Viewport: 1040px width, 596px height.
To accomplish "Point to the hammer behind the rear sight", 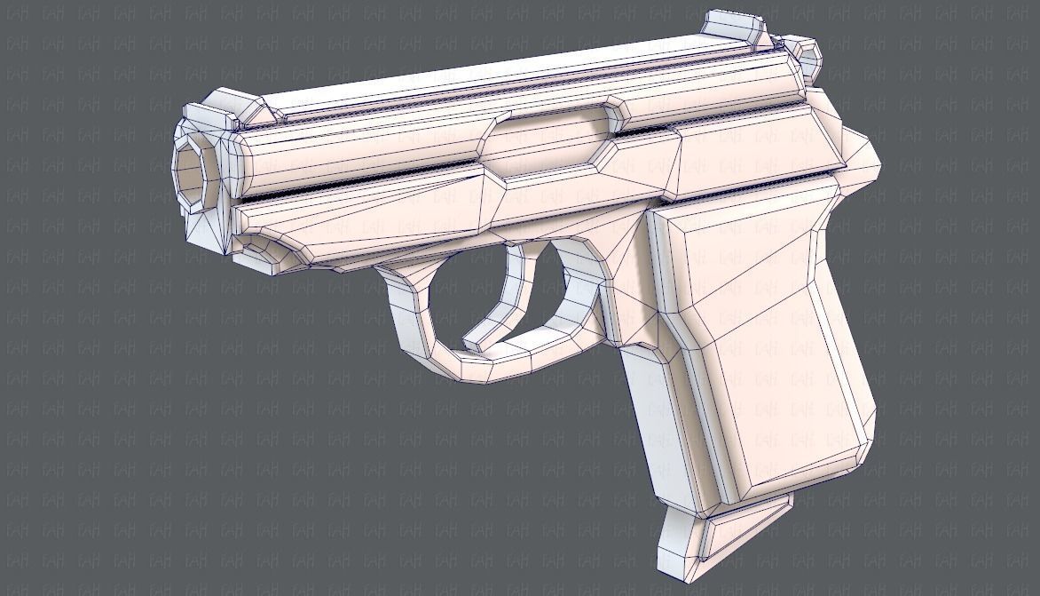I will (x=804, y=55).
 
